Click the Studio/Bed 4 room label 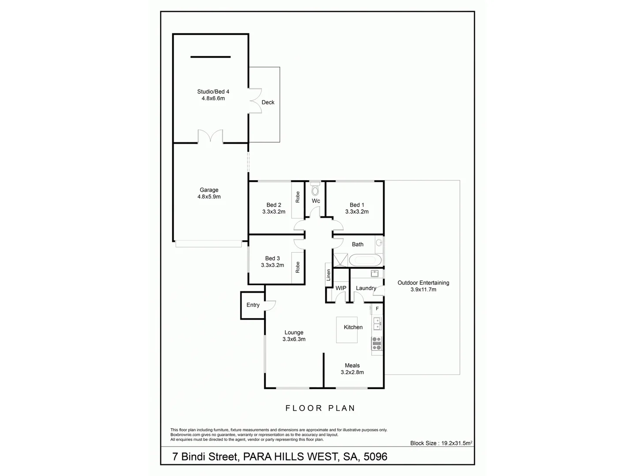[213, 92]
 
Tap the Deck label [268, 102]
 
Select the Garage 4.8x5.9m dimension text [209, 197]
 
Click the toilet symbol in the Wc [315, 190]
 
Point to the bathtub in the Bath [364, 259]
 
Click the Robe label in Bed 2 [298, 197]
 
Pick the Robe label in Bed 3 [298, 267]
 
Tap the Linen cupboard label [329, 275]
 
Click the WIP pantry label [341, 288]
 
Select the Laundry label [366, 288]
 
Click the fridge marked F [377, 309]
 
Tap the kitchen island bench [347, 330]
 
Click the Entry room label [253, 305]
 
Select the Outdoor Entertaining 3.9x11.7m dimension [423, 290]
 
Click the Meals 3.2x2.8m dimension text [352, 372]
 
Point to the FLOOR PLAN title [320, 408]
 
